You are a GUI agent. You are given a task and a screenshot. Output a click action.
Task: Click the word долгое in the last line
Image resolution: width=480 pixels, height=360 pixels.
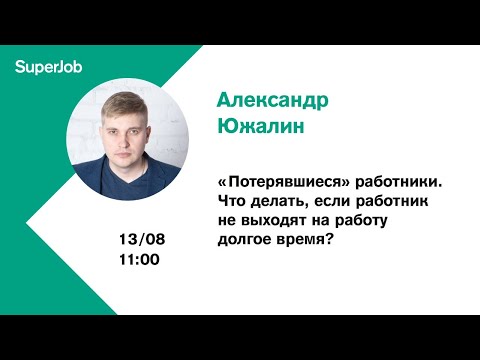pyautogui.click(x=245, y=239)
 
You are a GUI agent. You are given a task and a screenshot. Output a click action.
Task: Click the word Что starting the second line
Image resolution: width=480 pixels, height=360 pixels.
pyautogui.click(x=231, y=203)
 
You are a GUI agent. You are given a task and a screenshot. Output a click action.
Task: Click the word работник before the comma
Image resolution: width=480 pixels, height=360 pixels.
pyautogui.click(x=395, y=203)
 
